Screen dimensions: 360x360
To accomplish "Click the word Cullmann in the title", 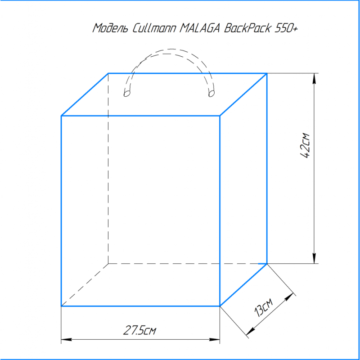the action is pyautogui.click(x=154, y=28).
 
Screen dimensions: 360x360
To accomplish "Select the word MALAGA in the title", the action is pyautogui.click(x=200, y=28).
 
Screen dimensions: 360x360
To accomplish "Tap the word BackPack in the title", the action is pyautogui.click(x=247, y=28).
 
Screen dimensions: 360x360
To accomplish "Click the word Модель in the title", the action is pyautogui.click(x=110, y=28).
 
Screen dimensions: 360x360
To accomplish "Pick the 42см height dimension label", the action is pyautogui.click(x=306, y=145).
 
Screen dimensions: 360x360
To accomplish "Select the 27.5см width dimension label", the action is pyautogui.click(x=139, y=330).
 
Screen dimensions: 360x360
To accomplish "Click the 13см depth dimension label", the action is pyautogui.click(x=264, y=308).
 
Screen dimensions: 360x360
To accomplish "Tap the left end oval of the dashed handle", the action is pyautogui.click(x=127, y=94).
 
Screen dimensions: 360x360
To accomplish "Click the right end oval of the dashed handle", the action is pyautogui.click(x=211, y=94).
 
